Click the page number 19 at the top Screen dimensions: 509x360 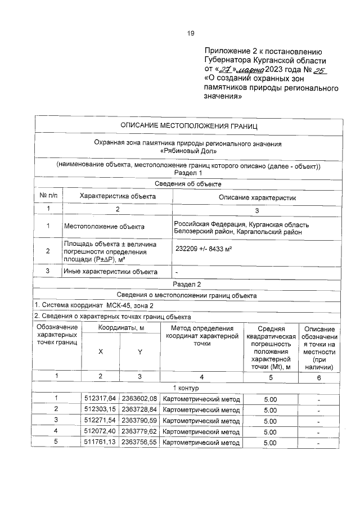coord(190,33)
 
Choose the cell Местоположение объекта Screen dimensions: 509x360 coord(104,227)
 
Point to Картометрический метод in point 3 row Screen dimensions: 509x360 coord(201,421)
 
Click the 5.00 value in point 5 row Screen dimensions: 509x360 coord(270,442)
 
